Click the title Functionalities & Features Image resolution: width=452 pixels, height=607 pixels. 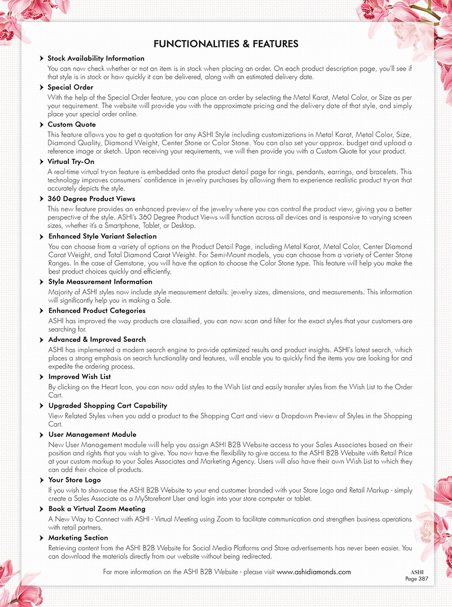pyautogui.click(x=226, y=44)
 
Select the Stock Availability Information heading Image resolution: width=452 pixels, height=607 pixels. pyautogui.click(x=95, y=58)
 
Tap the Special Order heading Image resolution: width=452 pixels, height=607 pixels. pyautogui.click(x=70, y=88)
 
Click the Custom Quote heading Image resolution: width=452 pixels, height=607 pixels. pyautogui.click(x=72, y=124)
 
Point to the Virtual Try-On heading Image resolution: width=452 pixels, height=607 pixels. pyautogui.click(x=71, y=162)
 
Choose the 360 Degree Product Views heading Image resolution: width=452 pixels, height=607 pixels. pyautogui.click(x=91, y=199)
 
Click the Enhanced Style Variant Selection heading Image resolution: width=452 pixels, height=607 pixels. pyautogui.click(x=102, y=236)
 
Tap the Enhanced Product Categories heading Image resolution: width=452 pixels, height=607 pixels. pyautogui.click(x=97, y=311)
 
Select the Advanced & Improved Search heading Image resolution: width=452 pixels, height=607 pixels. pyautogui.click(x=97, y=340)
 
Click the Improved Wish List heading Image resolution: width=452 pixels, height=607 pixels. pyautogui.click(x=79, y=376)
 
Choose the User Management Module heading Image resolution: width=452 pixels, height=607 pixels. pyautogui.click(x=92, y=435)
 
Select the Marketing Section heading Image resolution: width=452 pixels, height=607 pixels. pyautogui.click(x=78, y=538)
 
